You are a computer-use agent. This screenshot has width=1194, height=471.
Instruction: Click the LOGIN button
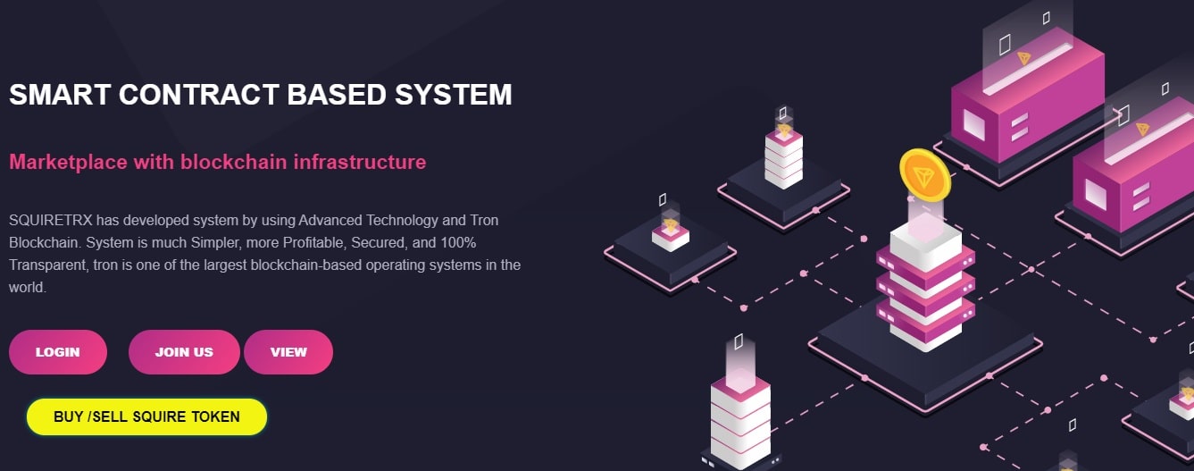57,352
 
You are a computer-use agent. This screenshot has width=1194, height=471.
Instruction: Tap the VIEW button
288,352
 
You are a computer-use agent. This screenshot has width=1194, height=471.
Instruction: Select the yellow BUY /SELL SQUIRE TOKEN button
146,416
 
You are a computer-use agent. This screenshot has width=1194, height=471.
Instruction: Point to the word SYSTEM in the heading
454,95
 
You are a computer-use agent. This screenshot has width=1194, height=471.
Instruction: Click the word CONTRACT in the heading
199,95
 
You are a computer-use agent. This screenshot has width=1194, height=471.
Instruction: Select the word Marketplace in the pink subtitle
68,162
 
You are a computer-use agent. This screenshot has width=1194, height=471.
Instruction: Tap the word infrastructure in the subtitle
360,162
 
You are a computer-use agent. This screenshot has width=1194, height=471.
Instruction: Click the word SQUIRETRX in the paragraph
51,220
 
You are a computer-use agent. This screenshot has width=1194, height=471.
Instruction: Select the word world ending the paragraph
26,288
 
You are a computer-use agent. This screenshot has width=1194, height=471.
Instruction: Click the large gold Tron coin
925,175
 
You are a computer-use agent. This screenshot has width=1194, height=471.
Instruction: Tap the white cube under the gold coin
926,243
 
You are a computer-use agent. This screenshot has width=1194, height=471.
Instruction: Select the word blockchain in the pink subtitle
233,162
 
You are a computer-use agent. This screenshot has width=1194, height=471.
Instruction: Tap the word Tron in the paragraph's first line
484,220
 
